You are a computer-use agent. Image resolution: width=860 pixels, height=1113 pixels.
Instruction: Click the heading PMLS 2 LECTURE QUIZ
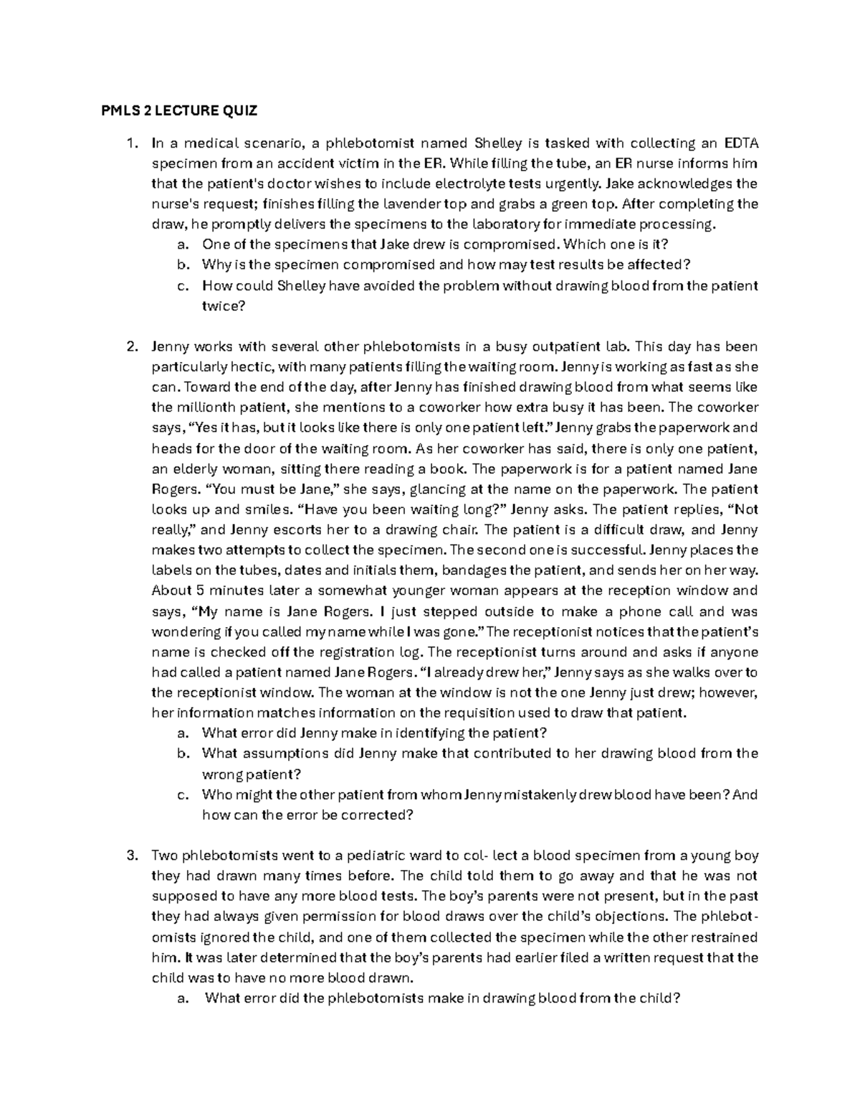(178, 111)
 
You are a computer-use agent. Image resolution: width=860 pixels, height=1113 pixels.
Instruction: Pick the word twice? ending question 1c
(224, 306)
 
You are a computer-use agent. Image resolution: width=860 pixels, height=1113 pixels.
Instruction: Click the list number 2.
(131, 347)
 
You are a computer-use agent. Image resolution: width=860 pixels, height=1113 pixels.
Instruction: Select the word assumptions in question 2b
(266, 753)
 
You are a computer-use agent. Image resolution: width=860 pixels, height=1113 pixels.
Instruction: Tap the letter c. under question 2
(182, 794)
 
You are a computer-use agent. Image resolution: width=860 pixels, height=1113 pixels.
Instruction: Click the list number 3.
(131, 855)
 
